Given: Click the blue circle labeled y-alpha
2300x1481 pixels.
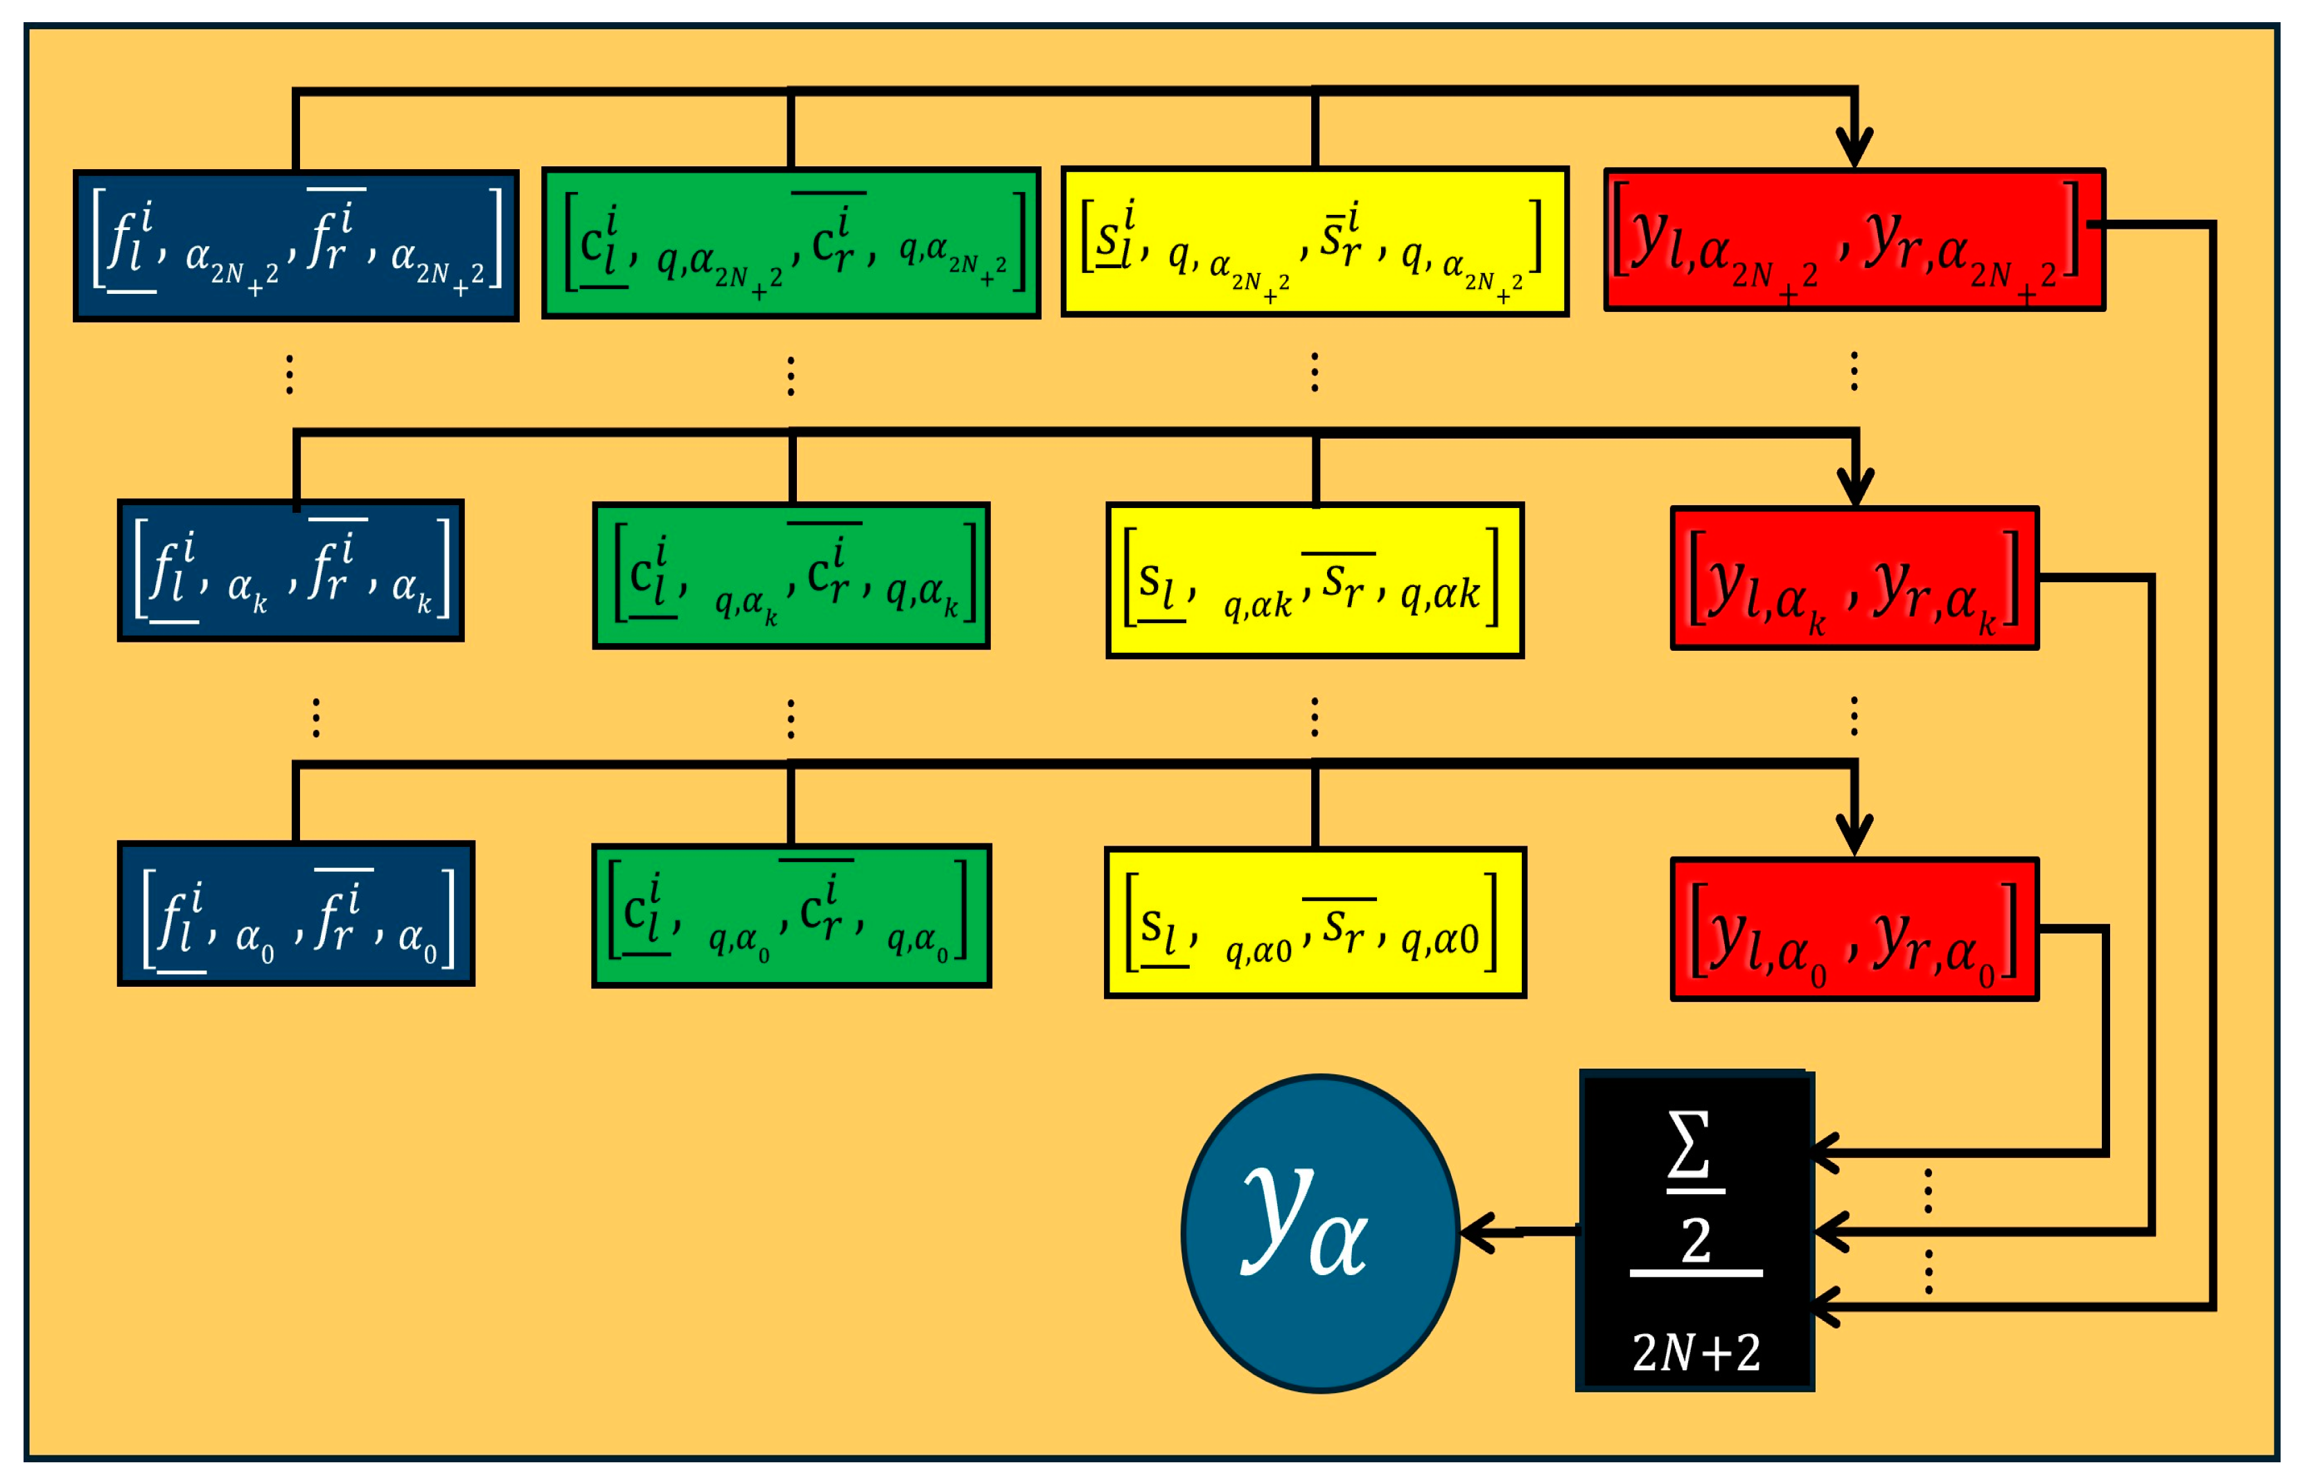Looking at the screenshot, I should click(1319, 1233).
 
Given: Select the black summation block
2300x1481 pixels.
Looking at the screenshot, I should click(1694, 1231).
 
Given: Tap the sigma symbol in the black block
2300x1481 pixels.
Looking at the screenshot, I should click(1689, 1143).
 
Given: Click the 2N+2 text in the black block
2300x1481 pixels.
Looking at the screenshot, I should click(1695, 1353).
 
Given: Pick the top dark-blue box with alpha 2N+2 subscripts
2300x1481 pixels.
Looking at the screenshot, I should click(296, 245).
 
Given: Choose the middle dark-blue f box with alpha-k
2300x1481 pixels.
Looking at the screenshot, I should click(290, 570).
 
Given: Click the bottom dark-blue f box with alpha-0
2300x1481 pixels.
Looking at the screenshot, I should click(296, 913).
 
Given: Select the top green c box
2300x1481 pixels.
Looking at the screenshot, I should click(791, 243).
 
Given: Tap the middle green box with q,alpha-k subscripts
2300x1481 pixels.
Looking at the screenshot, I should click(791, 575).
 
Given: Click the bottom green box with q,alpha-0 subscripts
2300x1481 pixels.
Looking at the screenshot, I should click(791, 915).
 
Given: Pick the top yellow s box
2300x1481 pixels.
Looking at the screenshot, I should click(1315, 241).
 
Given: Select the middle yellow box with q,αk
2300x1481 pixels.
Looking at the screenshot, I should click(1315, 580).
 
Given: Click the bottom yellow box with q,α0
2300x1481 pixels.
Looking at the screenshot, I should click(1315, 923).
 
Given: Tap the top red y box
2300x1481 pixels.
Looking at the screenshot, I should click(1854, 240).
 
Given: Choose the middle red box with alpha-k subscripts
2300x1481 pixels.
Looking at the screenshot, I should click(1854, 578).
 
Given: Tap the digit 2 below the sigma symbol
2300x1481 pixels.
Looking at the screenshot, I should click(1695, 1241).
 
